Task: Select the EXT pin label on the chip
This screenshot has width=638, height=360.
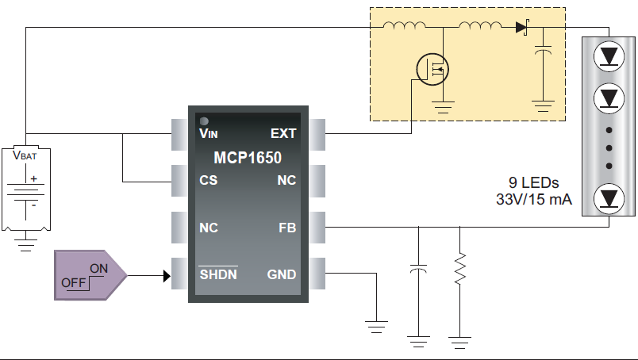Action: (283, 134)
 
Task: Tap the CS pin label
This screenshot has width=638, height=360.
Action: (209, 181)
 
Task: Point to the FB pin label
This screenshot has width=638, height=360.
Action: (286, 228)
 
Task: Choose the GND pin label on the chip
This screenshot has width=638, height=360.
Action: (282, 275)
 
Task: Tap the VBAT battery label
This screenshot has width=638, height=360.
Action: (25, 156)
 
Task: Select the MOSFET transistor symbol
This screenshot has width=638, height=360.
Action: (433, 70)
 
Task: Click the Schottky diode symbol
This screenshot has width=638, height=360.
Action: (521, 28)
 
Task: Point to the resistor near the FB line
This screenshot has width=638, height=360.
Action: (459, 270)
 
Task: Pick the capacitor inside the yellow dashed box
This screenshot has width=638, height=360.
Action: (544, 52)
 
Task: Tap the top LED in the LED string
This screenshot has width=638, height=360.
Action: (609, 56)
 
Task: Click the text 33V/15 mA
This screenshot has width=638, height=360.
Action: (533, 199)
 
